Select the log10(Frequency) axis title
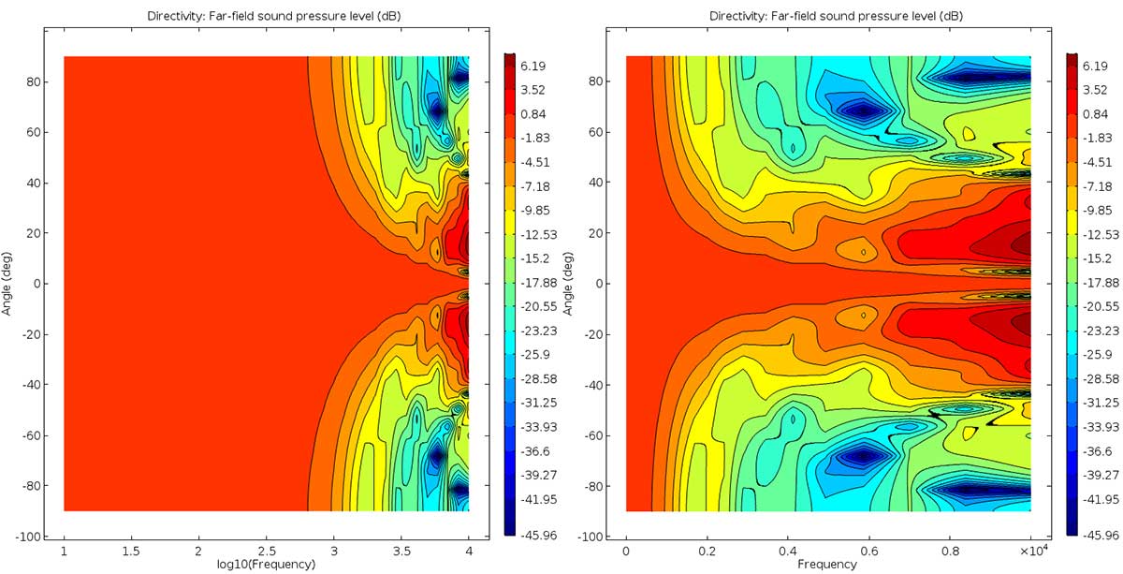[x=266, y=565]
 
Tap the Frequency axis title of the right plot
[x=827, y=565]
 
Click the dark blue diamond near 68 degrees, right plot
[x=864, y=110]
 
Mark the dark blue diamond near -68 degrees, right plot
[x=864, y=456]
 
